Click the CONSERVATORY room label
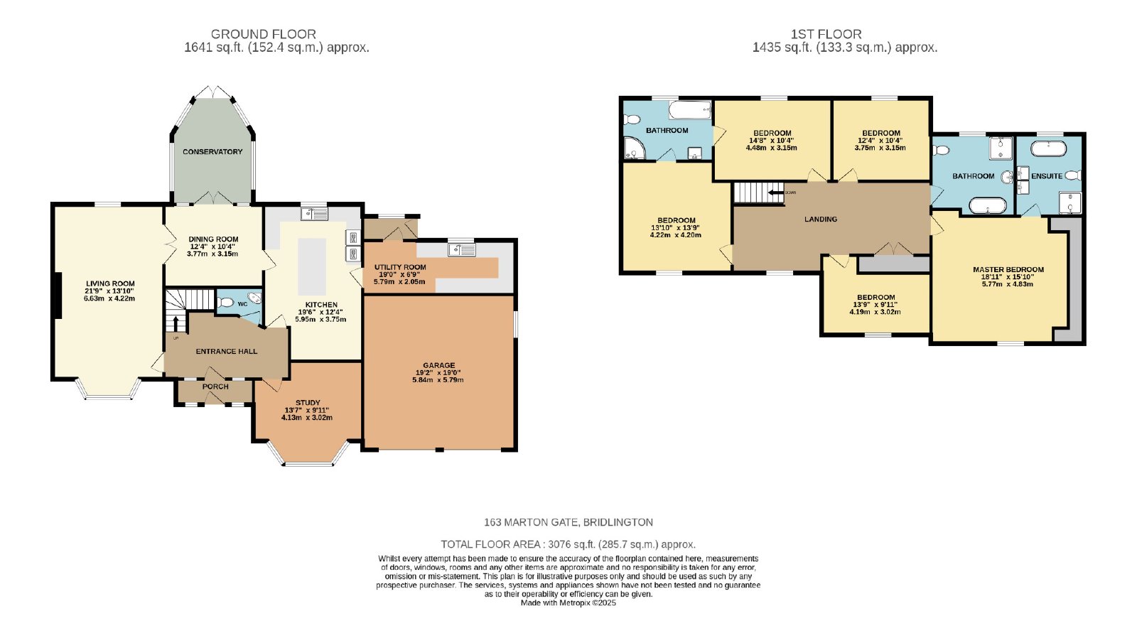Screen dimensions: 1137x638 [x=212, y=152]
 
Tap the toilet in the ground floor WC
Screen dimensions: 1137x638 [x=225, y=303]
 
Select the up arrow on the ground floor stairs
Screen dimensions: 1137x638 [x=176, y=323]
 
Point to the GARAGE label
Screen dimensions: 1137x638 [x=439, y=365]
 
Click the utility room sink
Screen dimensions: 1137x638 [x=461, y=249]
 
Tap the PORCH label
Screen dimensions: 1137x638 [x=215, y=386]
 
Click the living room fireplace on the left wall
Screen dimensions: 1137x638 [x=58, y=296]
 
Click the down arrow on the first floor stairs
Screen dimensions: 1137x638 [x=775, y=193]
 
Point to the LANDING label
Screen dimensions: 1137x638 [x=821, y=220]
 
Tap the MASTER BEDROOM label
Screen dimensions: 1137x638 [x=1008, y=269]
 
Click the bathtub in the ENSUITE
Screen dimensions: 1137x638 [x=1048, y=148]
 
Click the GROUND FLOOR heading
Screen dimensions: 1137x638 [x=264, y=34]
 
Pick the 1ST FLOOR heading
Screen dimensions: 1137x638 [x=826, y=34]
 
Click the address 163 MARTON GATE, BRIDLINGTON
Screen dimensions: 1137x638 [x=568, y=522]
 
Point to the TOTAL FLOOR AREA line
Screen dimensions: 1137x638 [x=568, y=545]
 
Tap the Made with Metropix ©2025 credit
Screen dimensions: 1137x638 [x=568, y=603]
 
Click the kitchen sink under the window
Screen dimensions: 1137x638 [x=314, y=214]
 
